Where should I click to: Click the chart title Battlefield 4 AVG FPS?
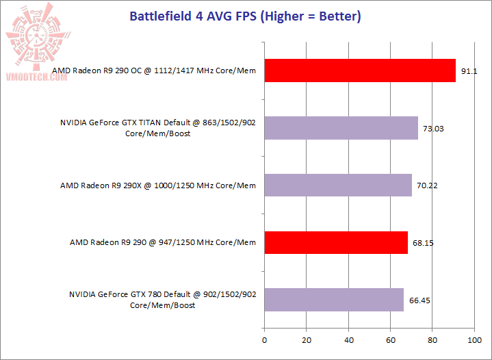pyautogui.click(x=245, y=16)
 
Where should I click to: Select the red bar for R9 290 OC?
pyautogui.click(x=359, y=70)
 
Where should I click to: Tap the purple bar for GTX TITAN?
pyautogui.click(x=341, y=128)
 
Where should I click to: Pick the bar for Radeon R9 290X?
pyautogui.click(x=337, y=185)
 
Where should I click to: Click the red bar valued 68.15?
pyautogui.click(x=335, y=242)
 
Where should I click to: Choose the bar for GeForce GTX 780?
pyautogui.click(x=333, y=300)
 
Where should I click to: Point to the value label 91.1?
pyautogui.click(x=469, y=70)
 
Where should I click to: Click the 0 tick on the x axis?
pyautogui.click(x=264, y=339)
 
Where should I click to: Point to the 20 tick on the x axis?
pyautogui.click(x=306, y=339)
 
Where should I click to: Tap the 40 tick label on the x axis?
pyautogui.click(x=348, y=339)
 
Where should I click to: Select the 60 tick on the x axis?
pyautogui.click(x=390, y=339)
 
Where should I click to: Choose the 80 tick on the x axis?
pyautogui.click(x=432, y=339)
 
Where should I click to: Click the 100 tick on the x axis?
pyautogui.click(x=474, y=339)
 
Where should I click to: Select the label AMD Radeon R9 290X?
pyautogui.click(x=158, y=185)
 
